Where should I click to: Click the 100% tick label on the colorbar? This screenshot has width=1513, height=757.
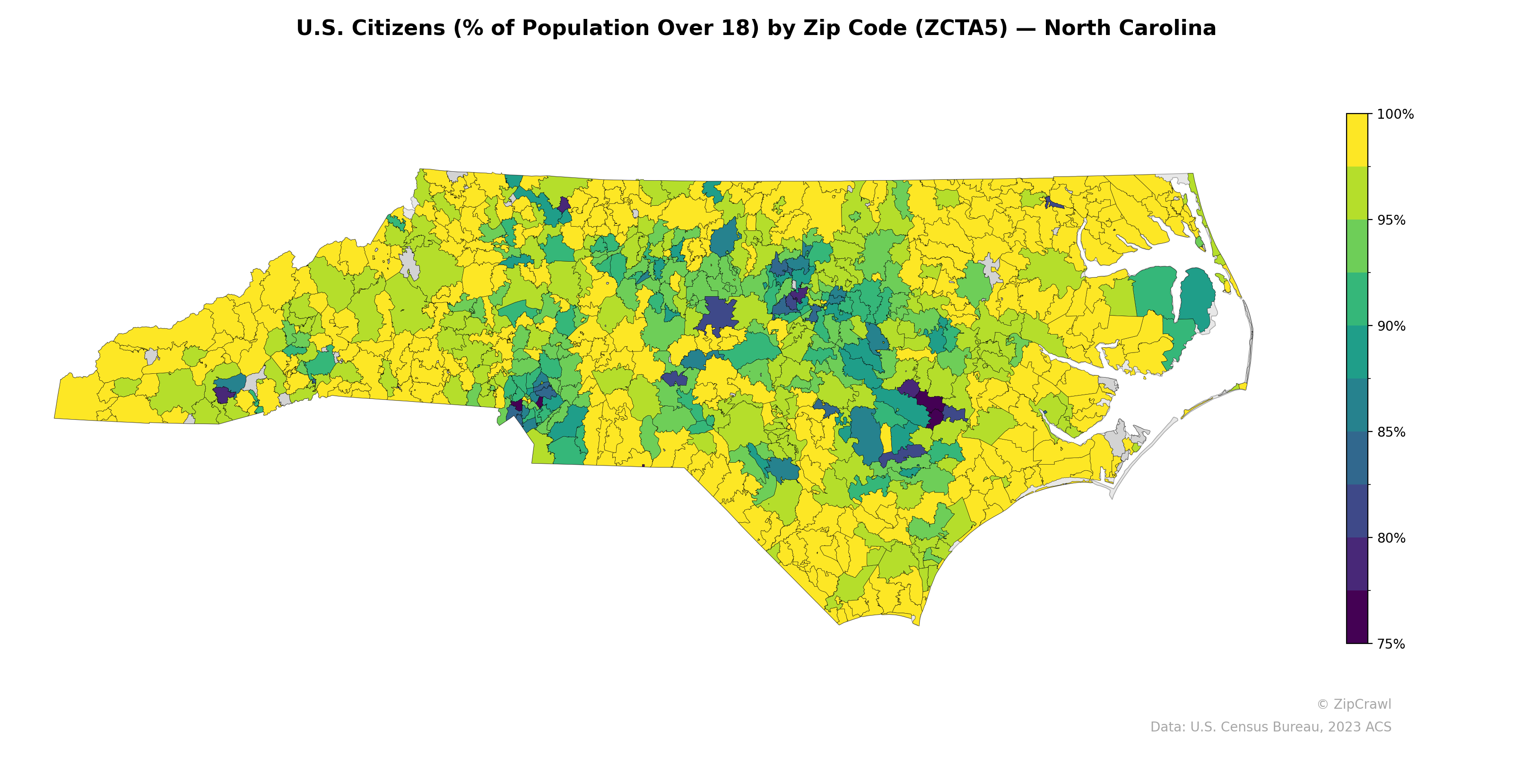click(x=1395, y=114)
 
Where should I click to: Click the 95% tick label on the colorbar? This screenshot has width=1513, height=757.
click(x=1391, y=220)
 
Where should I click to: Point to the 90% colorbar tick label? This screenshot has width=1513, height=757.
click(x=1391, y=326)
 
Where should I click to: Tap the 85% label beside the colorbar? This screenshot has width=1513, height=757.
click(x=1391, y=432)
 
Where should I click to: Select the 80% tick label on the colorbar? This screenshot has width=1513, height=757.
click(x=1391, y=538)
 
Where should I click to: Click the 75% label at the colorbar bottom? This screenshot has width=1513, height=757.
click(x=1391, y=644)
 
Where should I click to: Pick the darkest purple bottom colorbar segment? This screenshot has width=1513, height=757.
click(x=1357, y=617)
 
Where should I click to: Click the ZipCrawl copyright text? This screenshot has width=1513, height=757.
click(x=1354, y=704)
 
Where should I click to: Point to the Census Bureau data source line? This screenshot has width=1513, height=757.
click(x=1270, y=727)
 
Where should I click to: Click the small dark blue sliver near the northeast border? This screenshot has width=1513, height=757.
click(x=1054, y=204)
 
